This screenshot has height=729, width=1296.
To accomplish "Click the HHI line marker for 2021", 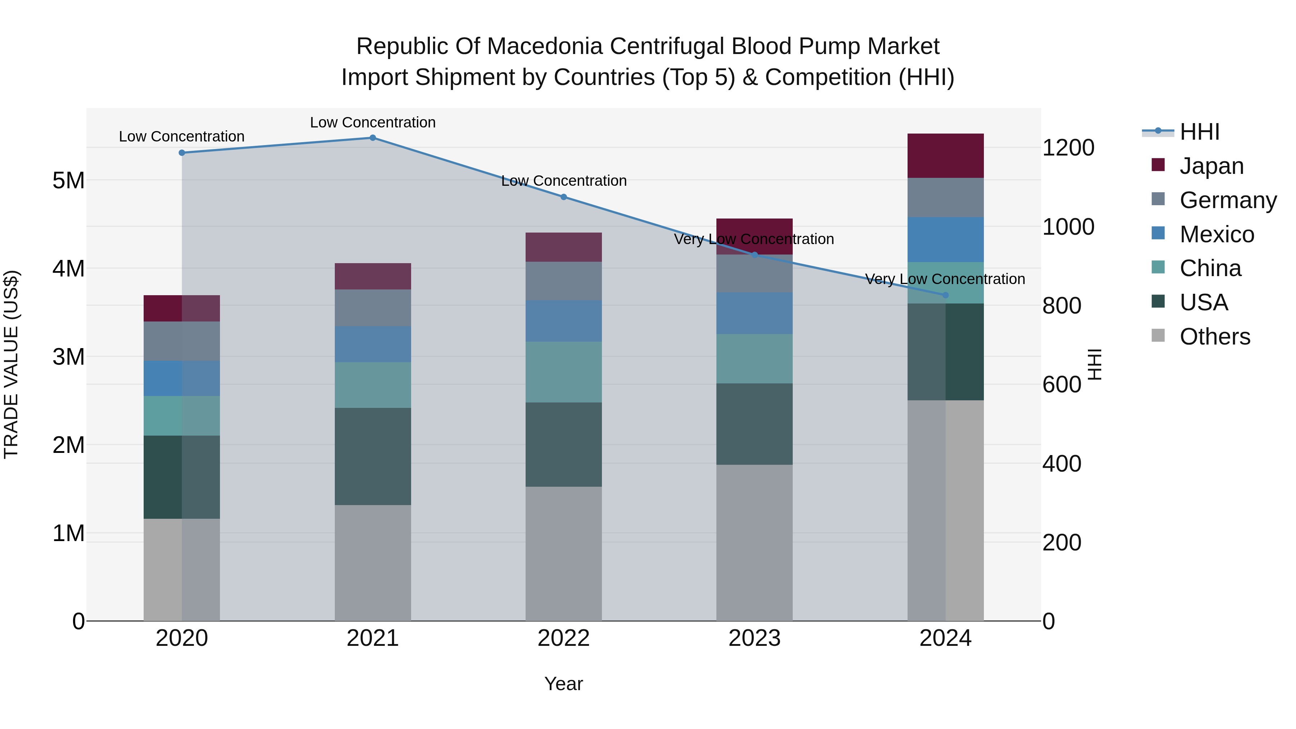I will point(373,138).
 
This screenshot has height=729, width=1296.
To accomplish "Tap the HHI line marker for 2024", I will point(945,295).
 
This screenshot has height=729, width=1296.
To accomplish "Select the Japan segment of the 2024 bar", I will point(945,156).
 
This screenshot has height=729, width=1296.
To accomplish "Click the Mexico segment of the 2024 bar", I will point(945,239).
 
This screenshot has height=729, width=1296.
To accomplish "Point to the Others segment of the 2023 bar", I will point(754,543).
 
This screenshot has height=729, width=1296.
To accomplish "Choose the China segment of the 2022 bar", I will point(563,372).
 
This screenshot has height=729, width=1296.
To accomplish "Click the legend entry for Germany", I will point(1228,200).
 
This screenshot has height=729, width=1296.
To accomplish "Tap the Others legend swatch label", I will point(1215,337).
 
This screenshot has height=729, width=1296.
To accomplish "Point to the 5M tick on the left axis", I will point(68,180).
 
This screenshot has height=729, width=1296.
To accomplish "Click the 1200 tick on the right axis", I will point(1068,148).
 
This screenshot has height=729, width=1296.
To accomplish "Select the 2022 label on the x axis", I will point(563,638).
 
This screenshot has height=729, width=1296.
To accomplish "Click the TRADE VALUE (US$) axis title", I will point(12,364).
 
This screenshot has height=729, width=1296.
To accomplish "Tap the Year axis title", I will point(563,684).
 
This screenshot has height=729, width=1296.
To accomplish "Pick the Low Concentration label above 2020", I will point(182,136).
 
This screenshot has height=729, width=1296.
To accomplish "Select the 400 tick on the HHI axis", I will point(1062,463).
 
